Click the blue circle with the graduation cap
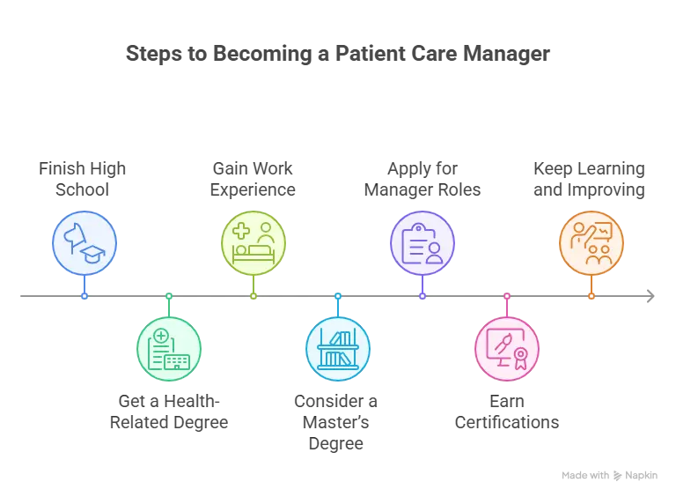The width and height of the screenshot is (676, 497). pyautogui.click(x=84, y=243)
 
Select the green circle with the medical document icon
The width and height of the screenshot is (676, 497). pyautogui.click(x=169, y=349)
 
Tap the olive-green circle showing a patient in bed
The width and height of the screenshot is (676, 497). pyautogui.click(x=253, y=243)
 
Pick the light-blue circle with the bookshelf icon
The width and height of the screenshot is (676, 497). pyautogui.click(x=337, y=349)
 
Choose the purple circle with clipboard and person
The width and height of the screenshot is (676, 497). pyautogui.click(x=422, y=243)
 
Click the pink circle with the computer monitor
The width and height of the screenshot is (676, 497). pyautogui.click(x=506, y=349)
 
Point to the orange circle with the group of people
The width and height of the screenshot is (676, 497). pyautogui.click(x=591, y=243)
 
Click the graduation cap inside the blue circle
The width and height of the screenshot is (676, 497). pyautogui.click(x=92, y=255)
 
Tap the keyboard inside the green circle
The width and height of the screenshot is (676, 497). pyautogui.click(x=177, y=361)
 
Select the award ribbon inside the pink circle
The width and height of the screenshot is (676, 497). pyautogui.click(x=520, y=356)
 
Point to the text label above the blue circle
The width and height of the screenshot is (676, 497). pyautogui.click(x=81, y=179)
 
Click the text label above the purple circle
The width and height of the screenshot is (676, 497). pyautogui.click(x=423, y=179)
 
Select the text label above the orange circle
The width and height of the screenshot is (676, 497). pyautogui.click(x=588, y=179)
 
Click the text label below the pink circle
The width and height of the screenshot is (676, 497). pyautogui.click(x=506, y=411)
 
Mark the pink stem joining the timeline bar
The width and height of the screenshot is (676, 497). pyautogui.click(x=506, y=304)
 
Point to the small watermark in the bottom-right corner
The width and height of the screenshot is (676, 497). pyautogui.click(x=607, y=473)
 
